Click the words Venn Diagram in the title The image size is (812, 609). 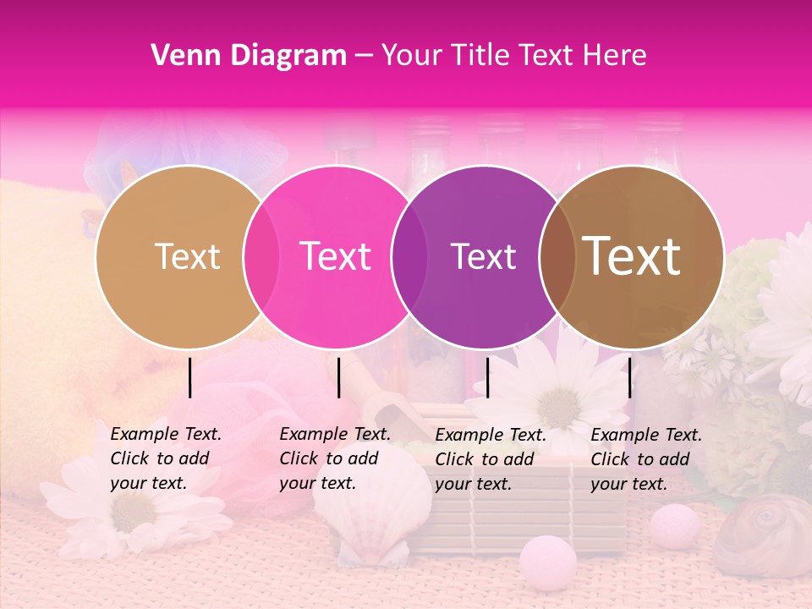pyautogui.click(x=249, y=56)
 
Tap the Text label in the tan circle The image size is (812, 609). pyautogui.click(x=187, y=257)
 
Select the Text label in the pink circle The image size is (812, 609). pyautogui.click(x=335, y=257)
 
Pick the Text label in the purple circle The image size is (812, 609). pyautogui.click(x=483, y=257)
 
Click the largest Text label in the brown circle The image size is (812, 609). pyautogui.click(x=631, y=256)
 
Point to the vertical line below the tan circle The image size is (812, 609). pyautogui.click(x=190, y=377)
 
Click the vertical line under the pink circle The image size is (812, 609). pyautogui.click(x=338, y=377)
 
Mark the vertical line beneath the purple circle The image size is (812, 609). pyautogui.click(x=487, y=377)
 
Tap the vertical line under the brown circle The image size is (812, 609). pyautogui.click(x=629, y=377)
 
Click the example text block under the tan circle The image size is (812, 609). pyautogui.click(x=165, y=458)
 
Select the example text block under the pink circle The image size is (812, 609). pyautogui.click(x=334, y=458)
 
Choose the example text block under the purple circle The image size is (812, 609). pyautogui.click(x=490, y=459)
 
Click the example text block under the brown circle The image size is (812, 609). pyautogui.click(x=645, y=459)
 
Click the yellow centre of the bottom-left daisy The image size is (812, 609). pyautogui.click(x=134, y=511)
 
